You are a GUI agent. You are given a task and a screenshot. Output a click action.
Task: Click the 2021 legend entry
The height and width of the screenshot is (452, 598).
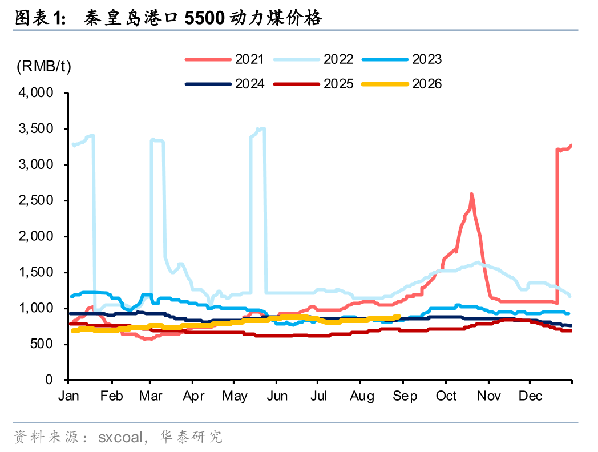[225, 59]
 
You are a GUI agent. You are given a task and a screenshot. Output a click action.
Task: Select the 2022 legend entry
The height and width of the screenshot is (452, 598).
[313, 59]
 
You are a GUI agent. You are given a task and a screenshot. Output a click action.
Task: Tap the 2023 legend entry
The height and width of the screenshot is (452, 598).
[402, 59]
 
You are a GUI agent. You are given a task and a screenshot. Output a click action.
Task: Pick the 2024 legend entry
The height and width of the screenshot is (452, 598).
[225, 84]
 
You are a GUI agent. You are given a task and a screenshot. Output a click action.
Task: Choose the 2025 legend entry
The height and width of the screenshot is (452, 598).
[313, 84]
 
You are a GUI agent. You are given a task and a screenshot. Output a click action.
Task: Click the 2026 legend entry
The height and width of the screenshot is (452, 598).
[402, 84]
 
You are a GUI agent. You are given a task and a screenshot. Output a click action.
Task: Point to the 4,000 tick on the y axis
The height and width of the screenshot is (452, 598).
[36, 92]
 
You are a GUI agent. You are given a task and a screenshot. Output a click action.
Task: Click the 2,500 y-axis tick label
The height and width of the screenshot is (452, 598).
[36, 200]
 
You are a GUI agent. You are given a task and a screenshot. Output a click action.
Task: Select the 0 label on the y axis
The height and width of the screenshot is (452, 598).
[49, 380]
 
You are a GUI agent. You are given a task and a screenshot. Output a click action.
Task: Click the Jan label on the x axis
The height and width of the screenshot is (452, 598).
[68, 396]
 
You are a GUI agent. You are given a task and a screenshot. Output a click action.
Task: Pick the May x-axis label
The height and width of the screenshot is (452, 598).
[235, 397]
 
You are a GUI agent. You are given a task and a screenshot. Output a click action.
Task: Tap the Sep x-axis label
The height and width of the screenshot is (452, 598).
[405, 397]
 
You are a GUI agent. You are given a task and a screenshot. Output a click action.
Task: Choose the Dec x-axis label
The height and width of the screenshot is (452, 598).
[531, 396]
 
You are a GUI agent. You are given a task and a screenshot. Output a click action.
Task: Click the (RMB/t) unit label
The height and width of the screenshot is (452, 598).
[44, 66]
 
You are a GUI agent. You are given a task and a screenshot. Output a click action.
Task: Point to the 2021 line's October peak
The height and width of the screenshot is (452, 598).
[472, 194]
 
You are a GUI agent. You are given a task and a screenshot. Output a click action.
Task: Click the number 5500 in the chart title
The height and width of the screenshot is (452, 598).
[204, 18]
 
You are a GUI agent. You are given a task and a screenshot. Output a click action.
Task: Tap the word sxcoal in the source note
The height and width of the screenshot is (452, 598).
[120, 437]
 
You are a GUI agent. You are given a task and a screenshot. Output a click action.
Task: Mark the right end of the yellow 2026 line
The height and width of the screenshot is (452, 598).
[399, 316]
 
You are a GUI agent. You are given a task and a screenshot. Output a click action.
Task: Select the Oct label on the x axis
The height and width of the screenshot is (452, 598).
[447, 396]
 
